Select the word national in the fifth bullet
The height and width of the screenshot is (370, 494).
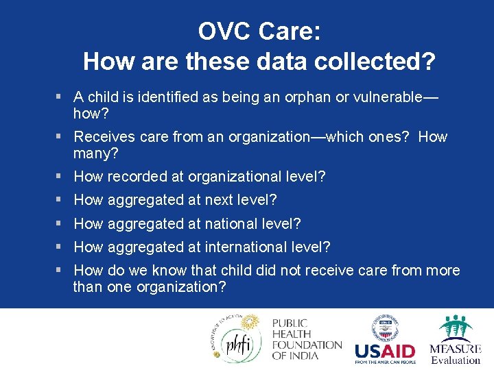pos(228,223)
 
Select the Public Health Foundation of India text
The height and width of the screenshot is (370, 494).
pos(306,339)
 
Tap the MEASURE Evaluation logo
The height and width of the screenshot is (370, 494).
pos(455,339)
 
